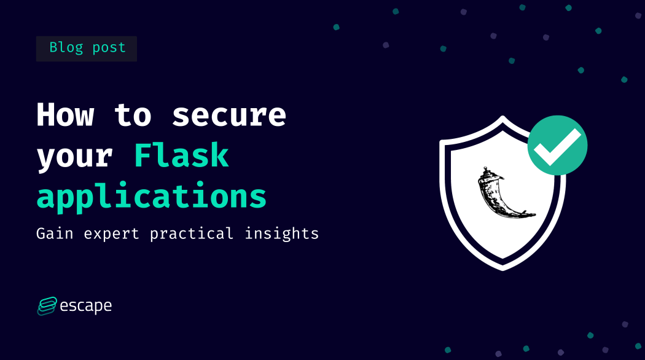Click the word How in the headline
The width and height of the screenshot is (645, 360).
point(65,115)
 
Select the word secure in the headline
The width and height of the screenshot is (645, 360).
point(229,115)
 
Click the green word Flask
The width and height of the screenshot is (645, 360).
point(181,155)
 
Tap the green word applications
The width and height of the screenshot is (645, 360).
point(152,197)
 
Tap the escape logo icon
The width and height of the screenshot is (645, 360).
point(47,306)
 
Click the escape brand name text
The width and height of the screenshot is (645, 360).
point(85,306)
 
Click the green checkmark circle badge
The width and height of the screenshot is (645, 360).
point(557,146)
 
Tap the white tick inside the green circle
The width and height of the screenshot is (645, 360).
point(557,146)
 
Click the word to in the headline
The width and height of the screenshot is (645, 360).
point(133,115)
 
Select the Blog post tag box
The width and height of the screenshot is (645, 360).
point(87,49)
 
